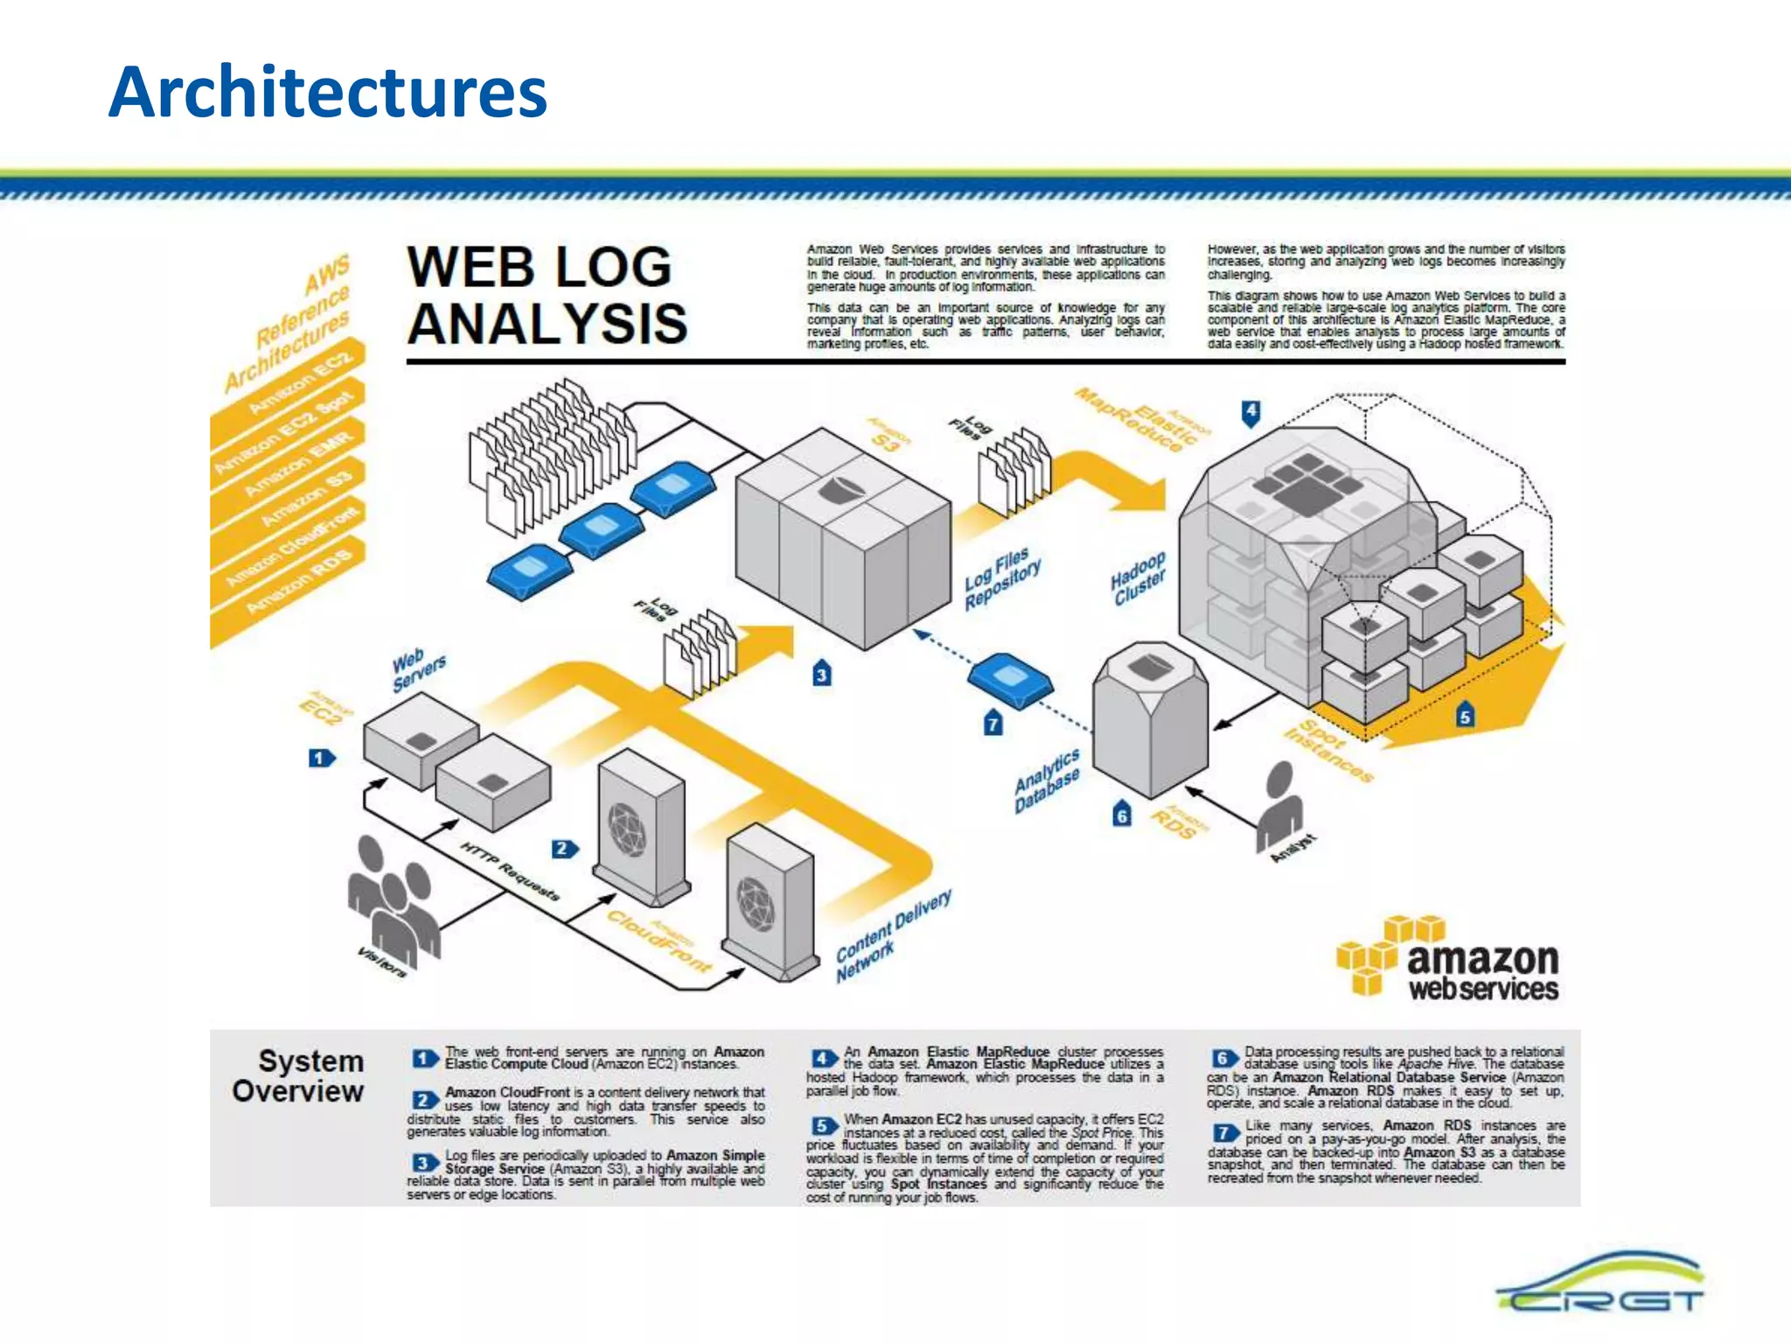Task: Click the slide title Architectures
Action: point(328,93)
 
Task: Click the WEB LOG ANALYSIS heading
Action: point(547,295)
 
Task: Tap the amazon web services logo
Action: point(1448,959)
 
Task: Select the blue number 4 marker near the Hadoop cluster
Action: point(1251,412)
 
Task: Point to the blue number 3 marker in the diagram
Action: point(821,674)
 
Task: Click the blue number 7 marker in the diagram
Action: point(993,724)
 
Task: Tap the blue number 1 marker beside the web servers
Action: point(321,758)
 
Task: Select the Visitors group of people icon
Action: point(394,897)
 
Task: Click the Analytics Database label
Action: point(1047,781)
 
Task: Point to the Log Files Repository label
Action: point(1002,578)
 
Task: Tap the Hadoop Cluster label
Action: point(1139,577)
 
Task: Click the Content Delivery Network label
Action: point(893,937)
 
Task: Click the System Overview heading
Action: point(298,1076)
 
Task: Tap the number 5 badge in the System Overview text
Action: point(822,1125)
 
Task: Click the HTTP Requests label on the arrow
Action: point(509,871)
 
